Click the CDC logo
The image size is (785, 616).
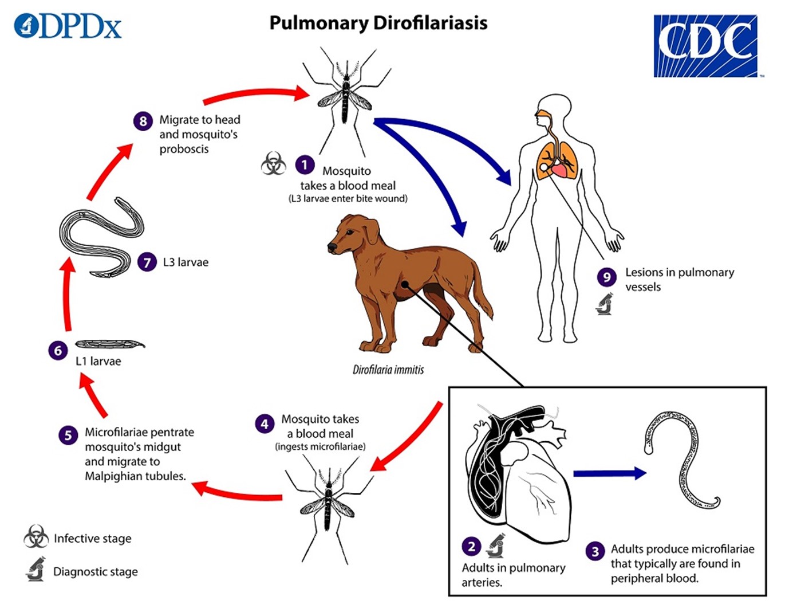[x=705, y=46]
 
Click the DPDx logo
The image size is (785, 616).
[x=68, y=26]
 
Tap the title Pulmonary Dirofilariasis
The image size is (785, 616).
[x=378, y=23]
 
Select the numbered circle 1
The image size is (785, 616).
[x=305, y=165]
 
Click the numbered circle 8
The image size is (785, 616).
[x=143, y=121]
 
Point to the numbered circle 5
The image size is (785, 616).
[x=68, y=435]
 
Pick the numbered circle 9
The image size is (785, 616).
[x=606, y=277]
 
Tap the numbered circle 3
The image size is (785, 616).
[x=595, y=551]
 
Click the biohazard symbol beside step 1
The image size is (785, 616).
[x=273, y=164]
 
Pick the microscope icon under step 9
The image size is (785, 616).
[x=605, y=304]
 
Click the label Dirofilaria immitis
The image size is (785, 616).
[x=388, y=370]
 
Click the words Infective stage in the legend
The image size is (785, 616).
[x=92, y=539]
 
